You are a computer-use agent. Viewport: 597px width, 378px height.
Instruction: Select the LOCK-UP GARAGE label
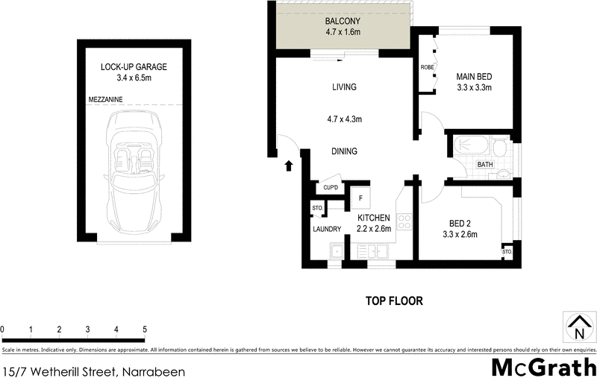pos(134,67)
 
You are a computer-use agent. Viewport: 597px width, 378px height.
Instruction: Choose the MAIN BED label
pos(474,76)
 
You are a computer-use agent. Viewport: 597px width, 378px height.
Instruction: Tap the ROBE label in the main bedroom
pos(427,67)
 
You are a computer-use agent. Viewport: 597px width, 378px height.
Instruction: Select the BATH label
pos(485,165)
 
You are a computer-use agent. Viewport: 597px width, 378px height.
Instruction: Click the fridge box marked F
pos(360,198)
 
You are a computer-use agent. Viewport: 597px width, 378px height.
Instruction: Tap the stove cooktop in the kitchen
pos(405,221)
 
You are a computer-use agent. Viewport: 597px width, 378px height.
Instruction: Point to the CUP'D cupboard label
pos(331,188)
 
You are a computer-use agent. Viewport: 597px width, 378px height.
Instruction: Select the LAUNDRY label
pos(327,229)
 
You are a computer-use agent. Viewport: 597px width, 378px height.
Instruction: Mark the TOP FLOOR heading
pos(394,301)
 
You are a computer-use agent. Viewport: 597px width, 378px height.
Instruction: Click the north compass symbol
pos(579,327)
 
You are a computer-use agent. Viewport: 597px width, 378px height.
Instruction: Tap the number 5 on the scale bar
pos(144,329)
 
